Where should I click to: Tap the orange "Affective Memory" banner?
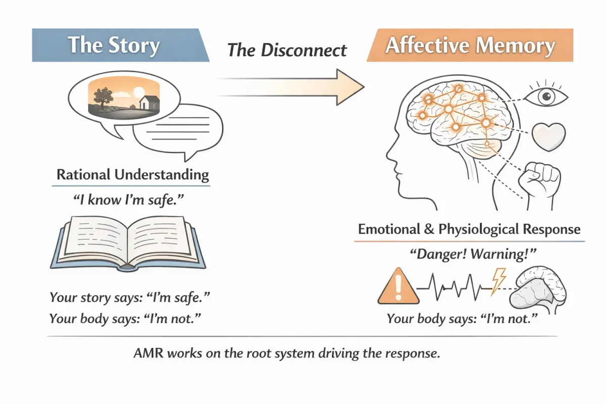click(470, 45)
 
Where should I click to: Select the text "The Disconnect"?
click(287, 49)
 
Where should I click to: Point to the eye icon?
click(547, 95)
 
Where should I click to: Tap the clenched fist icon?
click(541, 180)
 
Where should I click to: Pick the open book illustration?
click(128, 242)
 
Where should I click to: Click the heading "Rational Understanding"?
click(132, 175)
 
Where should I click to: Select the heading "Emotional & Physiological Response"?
click(469, 229)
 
